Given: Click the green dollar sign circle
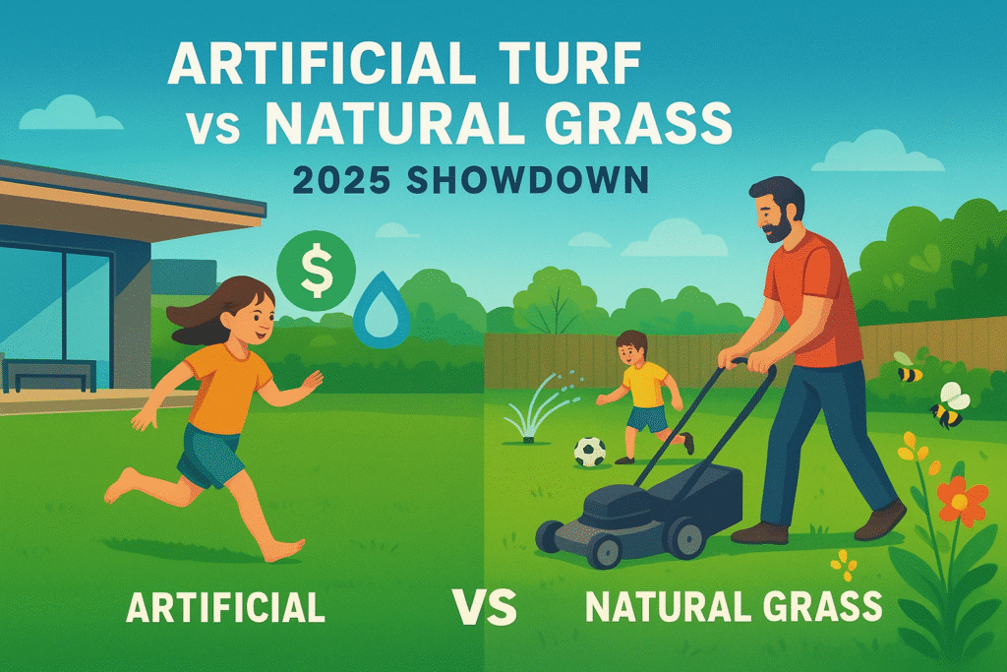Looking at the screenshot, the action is tap(316, 272).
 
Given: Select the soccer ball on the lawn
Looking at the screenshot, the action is tap(590, 452).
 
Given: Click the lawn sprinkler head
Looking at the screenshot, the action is tap(528, 440).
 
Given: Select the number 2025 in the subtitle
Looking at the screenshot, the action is tap(341, 180).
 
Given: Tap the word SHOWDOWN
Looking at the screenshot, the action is tap(527, 180).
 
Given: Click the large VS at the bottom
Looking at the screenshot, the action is tap(484, 606).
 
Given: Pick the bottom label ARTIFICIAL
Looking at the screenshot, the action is tap(225, 607).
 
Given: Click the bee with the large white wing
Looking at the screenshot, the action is tap(949, 406).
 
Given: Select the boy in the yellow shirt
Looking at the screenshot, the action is tap(644, 397).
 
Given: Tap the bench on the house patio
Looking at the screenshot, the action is tap(49, 375).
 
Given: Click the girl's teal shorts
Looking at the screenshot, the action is tap(208, 456).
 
